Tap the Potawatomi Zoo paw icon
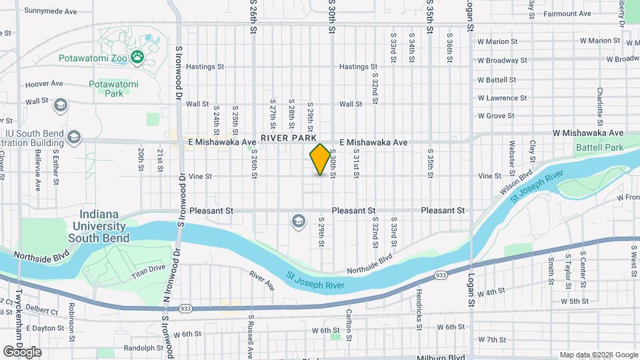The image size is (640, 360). pyautogui.click(x=137, y=57)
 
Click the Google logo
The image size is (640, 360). pyautogui.click(x=22, y=351)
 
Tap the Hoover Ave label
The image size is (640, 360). pyautogui.click(x=44, y=85)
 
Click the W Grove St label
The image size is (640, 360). pyautogui.click(x=496, y=115)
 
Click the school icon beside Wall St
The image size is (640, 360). pyautogui.click(x=61, y=105)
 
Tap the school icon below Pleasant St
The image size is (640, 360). pyautogui.click(x=299, y=220)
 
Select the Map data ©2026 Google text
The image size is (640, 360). pyautogui.click(x=598, y=355)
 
